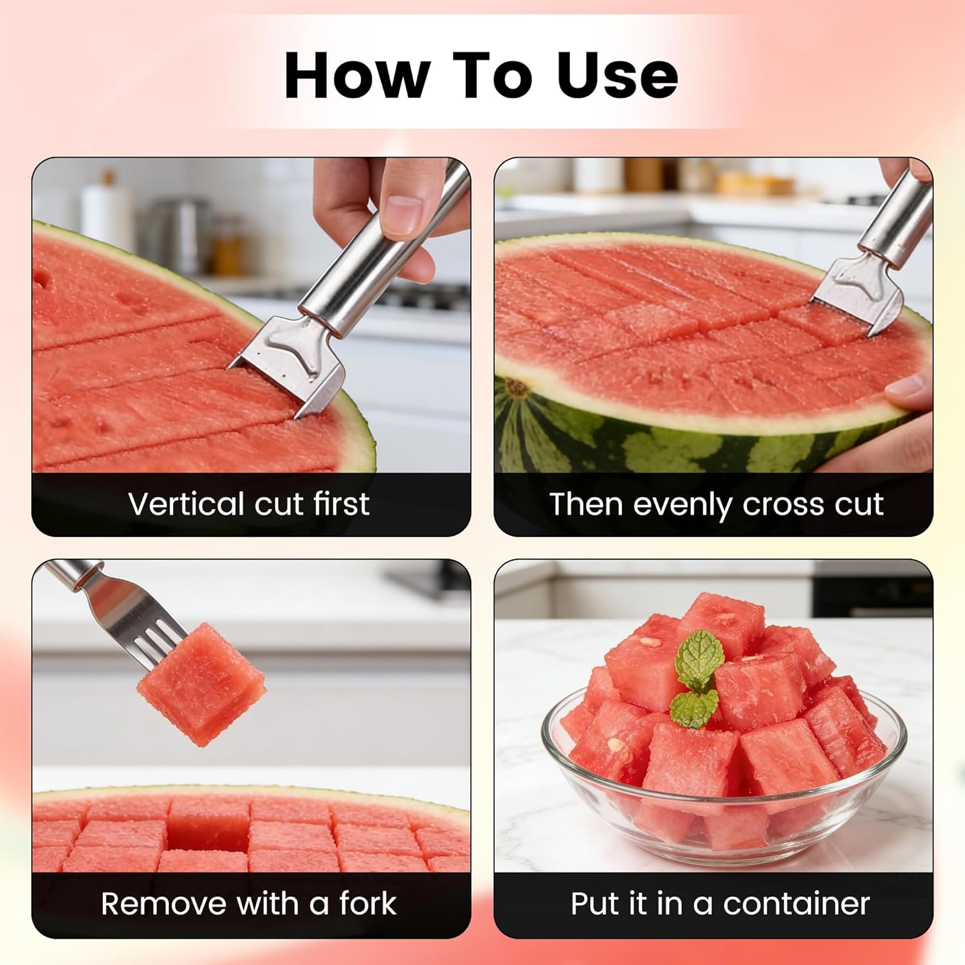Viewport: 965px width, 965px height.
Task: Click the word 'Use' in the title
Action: coord(618,75)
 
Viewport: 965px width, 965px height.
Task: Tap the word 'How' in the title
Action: coord(357,75)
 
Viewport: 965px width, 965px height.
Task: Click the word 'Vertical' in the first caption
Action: coord(187,504)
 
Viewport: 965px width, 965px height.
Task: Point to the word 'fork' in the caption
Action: coord(367,904)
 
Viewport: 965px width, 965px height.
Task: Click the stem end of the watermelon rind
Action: coord(515,388)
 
